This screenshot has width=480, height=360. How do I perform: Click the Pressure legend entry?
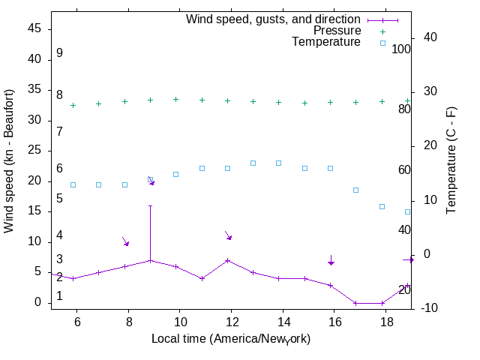point(337,31)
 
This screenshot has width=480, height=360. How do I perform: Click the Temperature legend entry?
point(326,43)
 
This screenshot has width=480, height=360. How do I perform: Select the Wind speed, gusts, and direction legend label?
point(273,19)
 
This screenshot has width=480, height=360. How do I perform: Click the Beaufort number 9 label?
point(59,53)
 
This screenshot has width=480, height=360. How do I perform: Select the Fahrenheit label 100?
point(402,49)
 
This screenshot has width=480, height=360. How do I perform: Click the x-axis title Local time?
point(231,339)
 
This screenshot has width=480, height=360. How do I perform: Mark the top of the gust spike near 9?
point(150,205)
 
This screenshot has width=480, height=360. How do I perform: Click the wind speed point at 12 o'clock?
point(227,260)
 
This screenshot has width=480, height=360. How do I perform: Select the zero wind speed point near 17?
point(356,303)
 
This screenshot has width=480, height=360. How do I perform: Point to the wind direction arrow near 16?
point(331,259)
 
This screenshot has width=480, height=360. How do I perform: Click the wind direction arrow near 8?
point(126,241)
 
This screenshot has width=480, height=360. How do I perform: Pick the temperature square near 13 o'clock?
point(253,163)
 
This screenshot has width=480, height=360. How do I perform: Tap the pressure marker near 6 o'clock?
point(73,105)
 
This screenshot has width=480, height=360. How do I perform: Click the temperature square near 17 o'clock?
point(356,190)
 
